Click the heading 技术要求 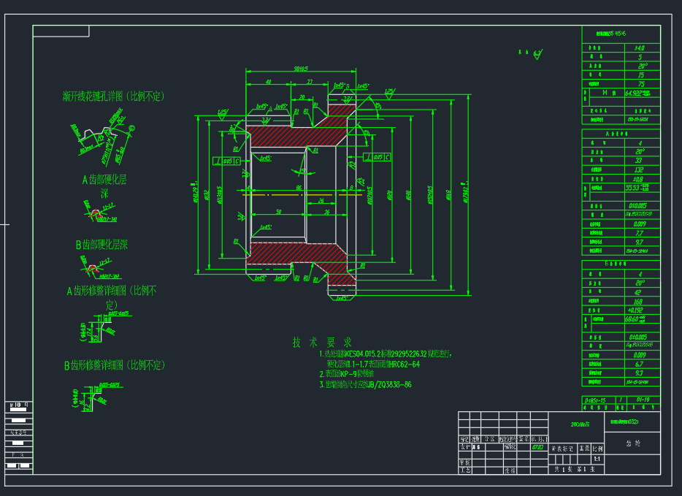[x=322, y=342]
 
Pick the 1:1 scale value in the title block [x=597, y=459]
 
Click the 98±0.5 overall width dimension [x=300, y=69]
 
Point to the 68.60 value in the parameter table [x=637, y=318]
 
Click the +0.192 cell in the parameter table [x=640, y=309]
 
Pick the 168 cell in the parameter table [x=640, y=300]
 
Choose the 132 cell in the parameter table [x=640, y=169]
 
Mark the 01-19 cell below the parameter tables [x=643, y=400]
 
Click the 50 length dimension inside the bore [x=278, y=213]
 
